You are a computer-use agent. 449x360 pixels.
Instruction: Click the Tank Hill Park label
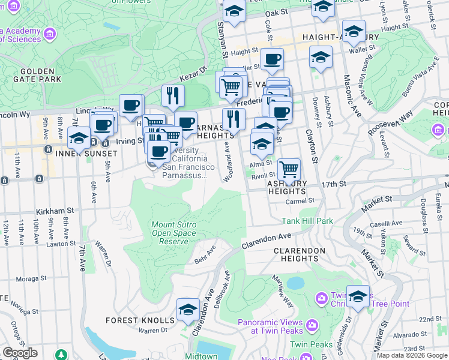[x=307, y=221]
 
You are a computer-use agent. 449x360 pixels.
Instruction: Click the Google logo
[x=20, y=353]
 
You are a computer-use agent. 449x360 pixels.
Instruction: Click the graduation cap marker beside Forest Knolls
[x=188, y=310]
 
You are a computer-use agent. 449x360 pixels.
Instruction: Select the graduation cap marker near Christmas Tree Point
[x=358, y=296]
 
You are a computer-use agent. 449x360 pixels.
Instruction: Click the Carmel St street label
[x=300, y=201]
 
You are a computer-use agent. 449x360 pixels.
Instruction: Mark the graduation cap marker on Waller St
[x=321, y=58]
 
